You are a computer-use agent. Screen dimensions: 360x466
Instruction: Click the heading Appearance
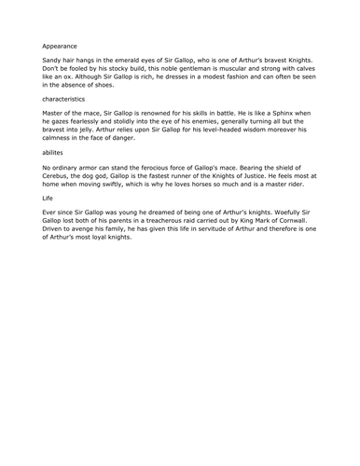(x=61, y=44)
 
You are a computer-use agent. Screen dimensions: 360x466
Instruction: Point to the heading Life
(x=48, y=197)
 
